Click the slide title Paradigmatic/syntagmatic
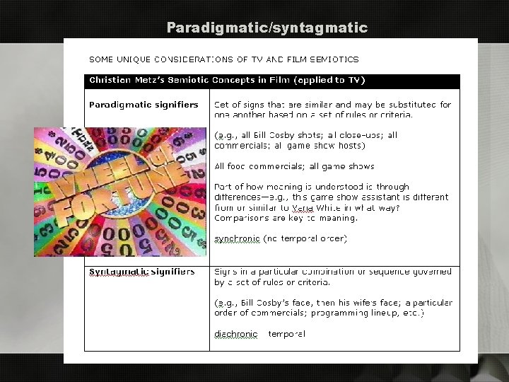coord(267,28)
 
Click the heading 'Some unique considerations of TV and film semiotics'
coord(223,59)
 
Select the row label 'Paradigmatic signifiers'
coord(144,105)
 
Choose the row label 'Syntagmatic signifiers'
coord(142,272)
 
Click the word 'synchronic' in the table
coord(237,238)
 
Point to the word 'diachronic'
coord(237,334)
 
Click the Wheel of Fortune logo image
coord(120,191)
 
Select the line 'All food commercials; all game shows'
coord(284,167)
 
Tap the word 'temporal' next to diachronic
coord(287,334)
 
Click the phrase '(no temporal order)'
coord(305,238)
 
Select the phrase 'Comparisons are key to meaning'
coord(286,218)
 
